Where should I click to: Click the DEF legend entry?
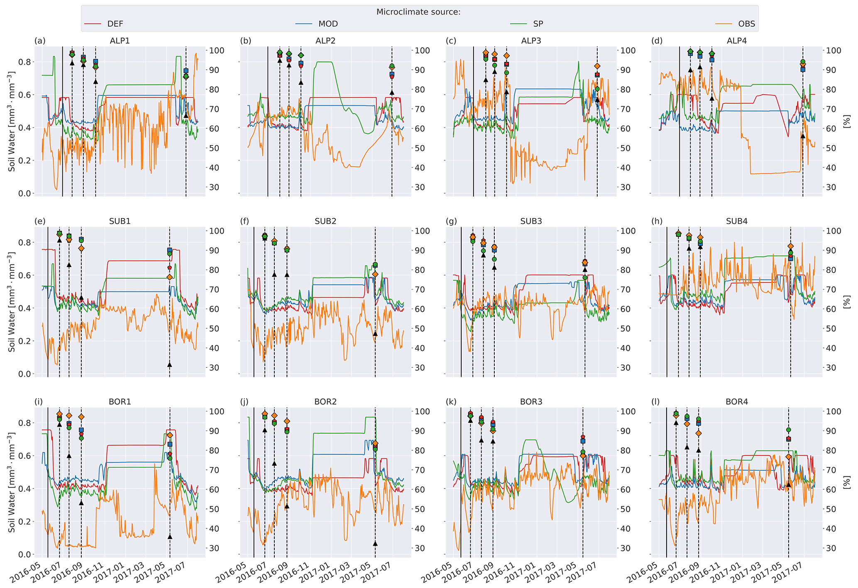(x=115, y=24)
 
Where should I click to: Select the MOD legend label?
(x=328, y=24)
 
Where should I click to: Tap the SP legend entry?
(x=538, y=24)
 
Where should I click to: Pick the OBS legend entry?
(x=746, y=24)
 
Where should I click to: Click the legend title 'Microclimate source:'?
(x=418, y=12)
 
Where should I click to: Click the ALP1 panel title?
(x=120, y=41)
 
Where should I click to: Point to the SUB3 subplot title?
(x=531, y=221)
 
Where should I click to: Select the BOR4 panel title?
(x=737, y=401)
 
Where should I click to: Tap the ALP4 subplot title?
(x=737, y=41)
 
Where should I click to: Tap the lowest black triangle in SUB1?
(x=169, y=364)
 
